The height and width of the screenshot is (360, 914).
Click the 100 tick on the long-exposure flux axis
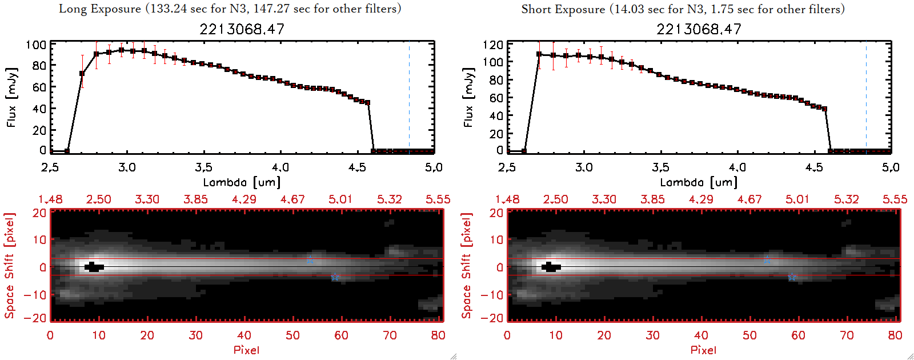click(x=36, y=45)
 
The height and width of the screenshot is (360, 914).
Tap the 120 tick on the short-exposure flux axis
click(x=493, y=45)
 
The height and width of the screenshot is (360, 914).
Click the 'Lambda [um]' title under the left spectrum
click(x=242, y=182)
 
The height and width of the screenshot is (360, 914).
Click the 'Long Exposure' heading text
click(x=100, y=9)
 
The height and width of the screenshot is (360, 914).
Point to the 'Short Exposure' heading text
click(x=563, y=9)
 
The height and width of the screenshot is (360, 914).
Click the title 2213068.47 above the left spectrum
click(x=242, y=29)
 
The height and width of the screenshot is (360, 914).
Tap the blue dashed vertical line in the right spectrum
click(x=866, y=97)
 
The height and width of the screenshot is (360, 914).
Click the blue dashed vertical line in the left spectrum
click(x=409, y=97)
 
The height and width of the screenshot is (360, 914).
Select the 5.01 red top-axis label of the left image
click(x=340, y=199)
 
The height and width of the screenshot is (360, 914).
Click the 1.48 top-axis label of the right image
click(x=507, y=199)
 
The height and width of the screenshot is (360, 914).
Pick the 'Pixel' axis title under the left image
click(x=246, y=350)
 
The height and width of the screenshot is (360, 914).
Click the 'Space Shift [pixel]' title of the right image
click(x=467, y=266)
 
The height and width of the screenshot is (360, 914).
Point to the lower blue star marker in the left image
click(x=335, y=278)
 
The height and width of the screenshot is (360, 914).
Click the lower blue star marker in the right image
click(x=792, y=278)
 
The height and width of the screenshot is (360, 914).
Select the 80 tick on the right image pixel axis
click(x=895, y=335)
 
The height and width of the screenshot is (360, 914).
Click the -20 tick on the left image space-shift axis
click(x=39, y=318)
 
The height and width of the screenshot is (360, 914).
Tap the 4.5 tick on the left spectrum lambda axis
click(x=357, y=167)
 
